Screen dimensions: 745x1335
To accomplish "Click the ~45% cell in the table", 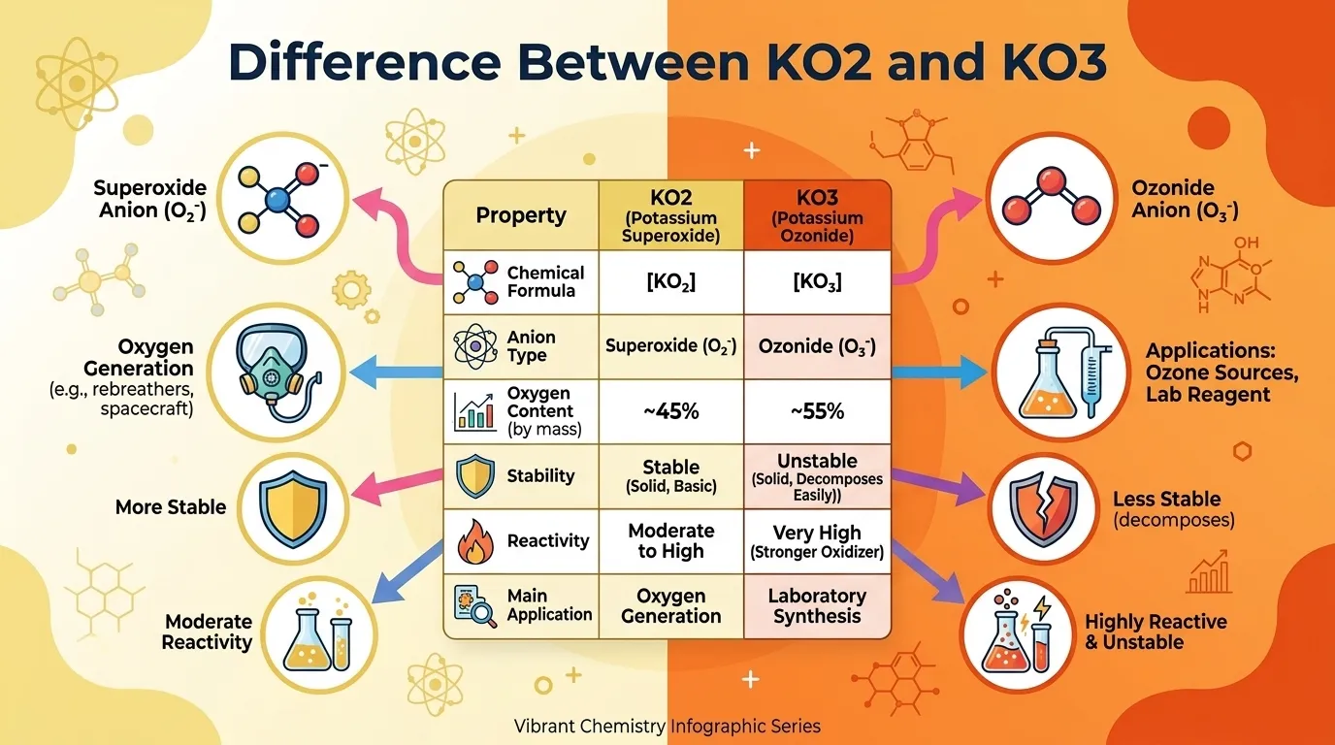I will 671,411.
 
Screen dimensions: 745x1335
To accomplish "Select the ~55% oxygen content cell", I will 817,411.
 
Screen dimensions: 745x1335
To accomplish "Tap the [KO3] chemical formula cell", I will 817,282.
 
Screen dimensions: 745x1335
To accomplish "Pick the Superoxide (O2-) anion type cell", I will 671,345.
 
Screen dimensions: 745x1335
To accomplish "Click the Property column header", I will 521,215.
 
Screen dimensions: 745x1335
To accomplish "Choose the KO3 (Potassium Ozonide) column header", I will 817,215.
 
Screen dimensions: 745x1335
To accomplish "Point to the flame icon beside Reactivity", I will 475,540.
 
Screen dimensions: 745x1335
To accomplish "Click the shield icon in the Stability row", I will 475,476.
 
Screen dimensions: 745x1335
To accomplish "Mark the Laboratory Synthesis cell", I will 817,605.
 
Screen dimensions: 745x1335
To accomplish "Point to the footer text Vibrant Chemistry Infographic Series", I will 668,726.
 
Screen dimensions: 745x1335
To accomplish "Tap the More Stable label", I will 171,507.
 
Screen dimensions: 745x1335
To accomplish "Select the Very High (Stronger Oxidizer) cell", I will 817,541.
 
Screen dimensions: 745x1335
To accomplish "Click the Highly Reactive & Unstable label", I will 1156,632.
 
